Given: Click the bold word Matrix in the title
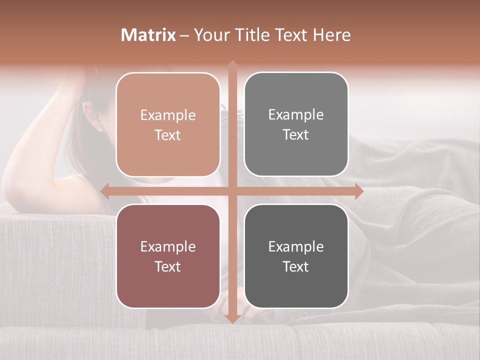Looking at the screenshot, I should click(148, 35).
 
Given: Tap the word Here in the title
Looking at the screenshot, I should click(331, 35).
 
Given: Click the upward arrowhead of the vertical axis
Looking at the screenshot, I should click(232, 64).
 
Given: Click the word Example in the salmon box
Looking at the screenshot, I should click(168, 115).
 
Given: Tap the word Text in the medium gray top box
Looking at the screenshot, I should click(296, 135).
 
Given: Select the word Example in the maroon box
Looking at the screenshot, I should click(168, 247).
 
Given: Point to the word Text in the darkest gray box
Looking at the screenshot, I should click(296, 267).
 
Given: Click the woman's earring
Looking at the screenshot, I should click(99, 129).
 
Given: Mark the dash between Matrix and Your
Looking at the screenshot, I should click(184, 35).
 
